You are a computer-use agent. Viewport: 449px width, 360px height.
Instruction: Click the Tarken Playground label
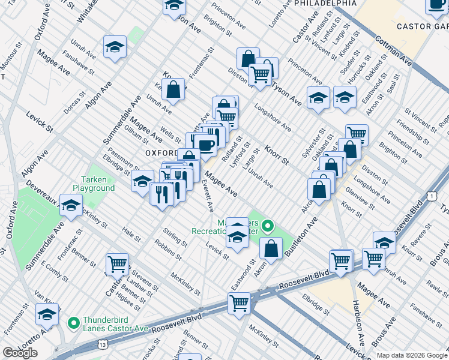click(98, 184)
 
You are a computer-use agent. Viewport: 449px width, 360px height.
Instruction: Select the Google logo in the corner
click(20, 353)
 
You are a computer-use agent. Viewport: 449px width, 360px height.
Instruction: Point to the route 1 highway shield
click(432, 196)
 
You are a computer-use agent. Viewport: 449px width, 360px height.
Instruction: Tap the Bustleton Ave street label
click(302, 238)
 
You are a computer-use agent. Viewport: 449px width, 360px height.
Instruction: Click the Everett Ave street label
click(208, 198)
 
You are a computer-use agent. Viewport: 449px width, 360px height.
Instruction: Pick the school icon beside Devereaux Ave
click(71, 206)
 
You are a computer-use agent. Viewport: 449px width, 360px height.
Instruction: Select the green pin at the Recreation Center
click(268, 227)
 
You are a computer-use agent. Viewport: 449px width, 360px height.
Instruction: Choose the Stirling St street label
click(175, 235)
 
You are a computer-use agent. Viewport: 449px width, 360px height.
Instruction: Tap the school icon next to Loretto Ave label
click(47, 313)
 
